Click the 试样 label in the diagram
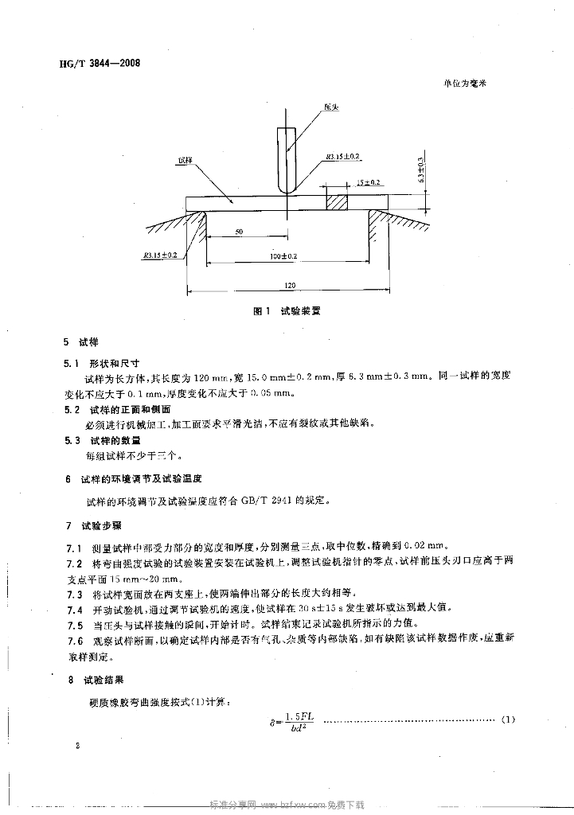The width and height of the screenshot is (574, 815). click(x=185, y=161)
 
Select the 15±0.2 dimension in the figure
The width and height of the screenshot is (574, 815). click(x=369, y=182)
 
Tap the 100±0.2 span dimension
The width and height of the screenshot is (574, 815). click(x=283, y=256)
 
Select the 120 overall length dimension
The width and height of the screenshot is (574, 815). click(x=287, y=285)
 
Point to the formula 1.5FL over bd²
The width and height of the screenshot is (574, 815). click(x=294, y=721)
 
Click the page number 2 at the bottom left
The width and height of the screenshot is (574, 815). click(x=77, y=747)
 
